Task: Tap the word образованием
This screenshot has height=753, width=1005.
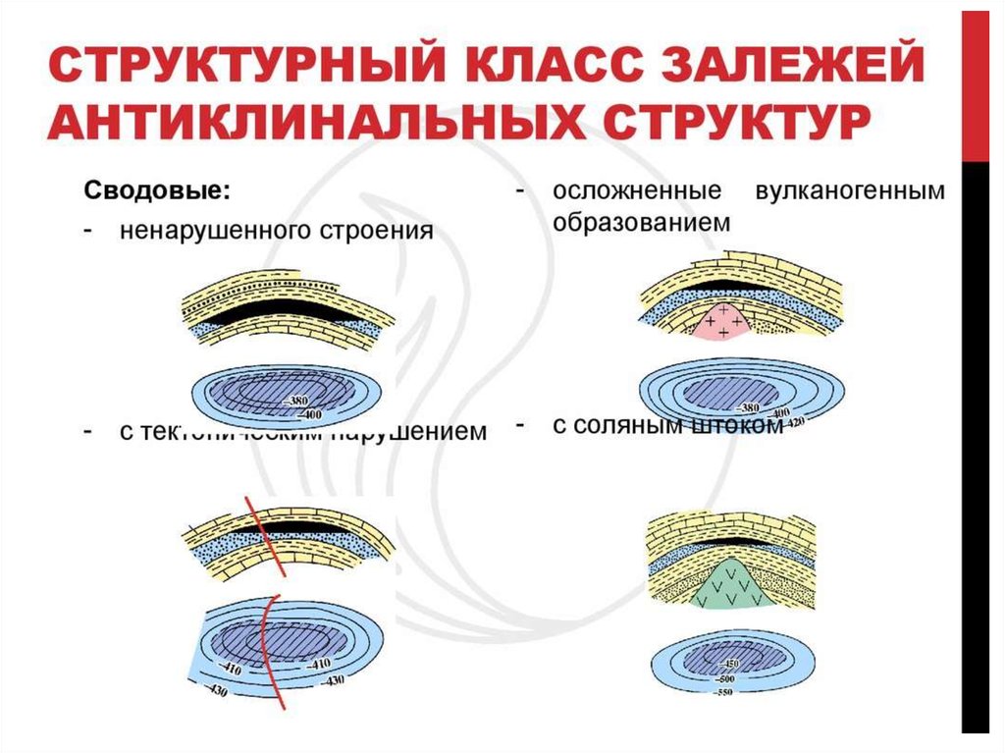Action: tap(641, 223)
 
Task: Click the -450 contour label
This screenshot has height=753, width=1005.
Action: tap(730, 663)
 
